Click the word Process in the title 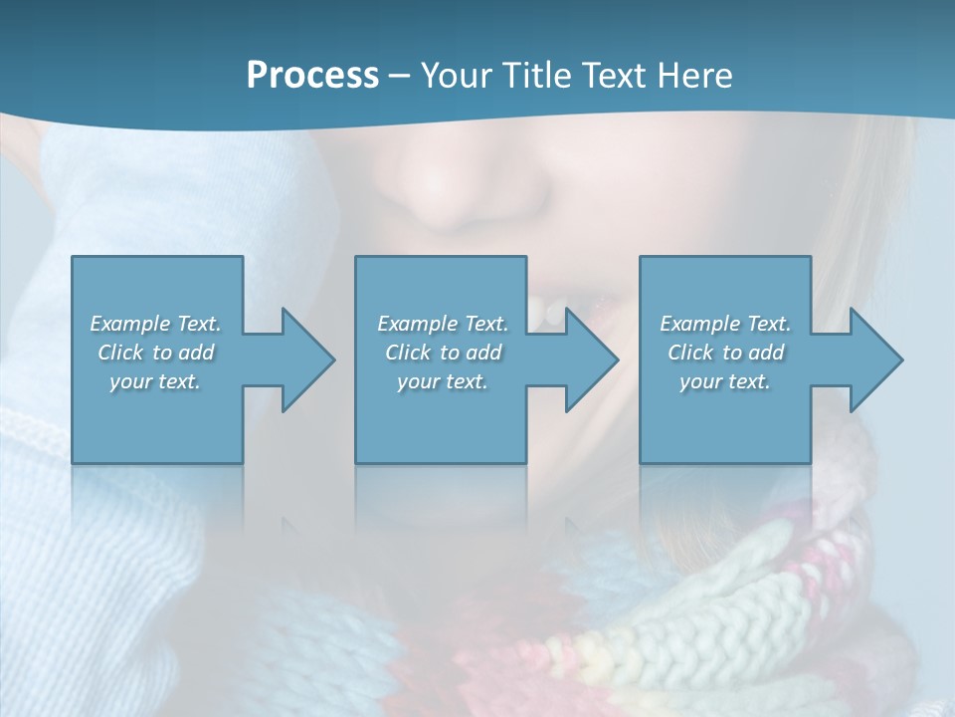click(x=312, y=76)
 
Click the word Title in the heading click(x=536, y=76)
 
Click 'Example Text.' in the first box click(x=155, y=324)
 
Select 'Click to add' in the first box click(x=155, y=353)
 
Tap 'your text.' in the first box click(x=155, y=381)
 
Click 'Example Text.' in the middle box click(x=443, y=324)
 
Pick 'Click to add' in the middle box click(x=443, y=353)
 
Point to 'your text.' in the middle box click(x=443, y=381)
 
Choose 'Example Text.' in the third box click(x=725, y=324)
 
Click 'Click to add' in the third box click(x=725, y=353)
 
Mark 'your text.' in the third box click(x=725, y=381)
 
